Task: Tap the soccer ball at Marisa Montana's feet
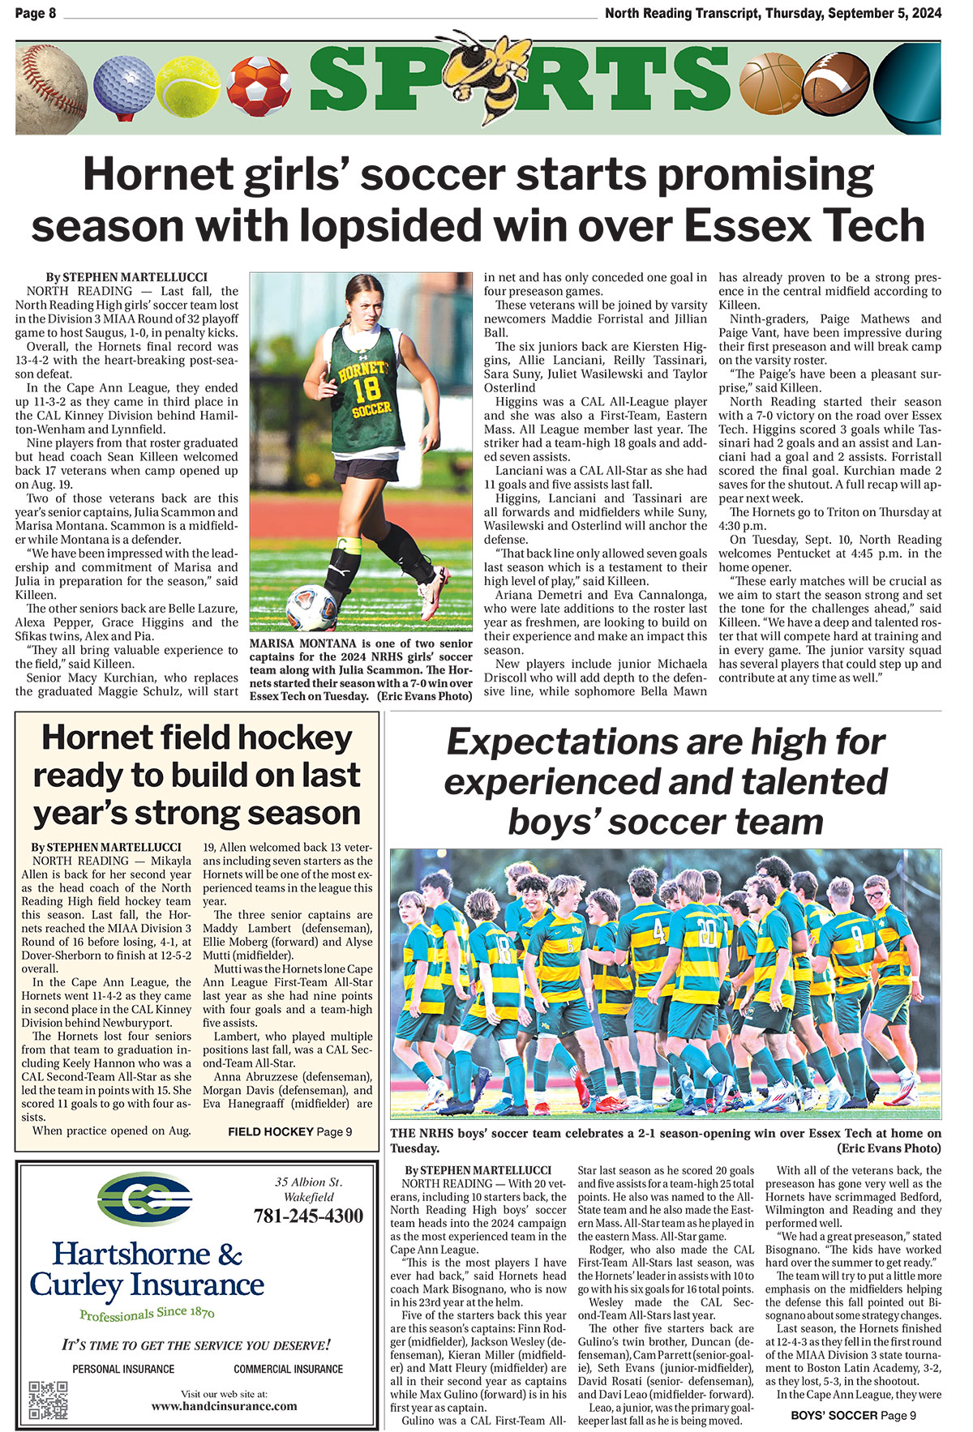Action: pos(311,607)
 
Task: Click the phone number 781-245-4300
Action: pos(308,1216)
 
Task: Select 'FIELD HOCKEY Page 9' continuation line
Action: pos(289,1131)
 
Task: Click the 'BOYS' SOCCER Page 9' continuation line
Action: pos(854,1415)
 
